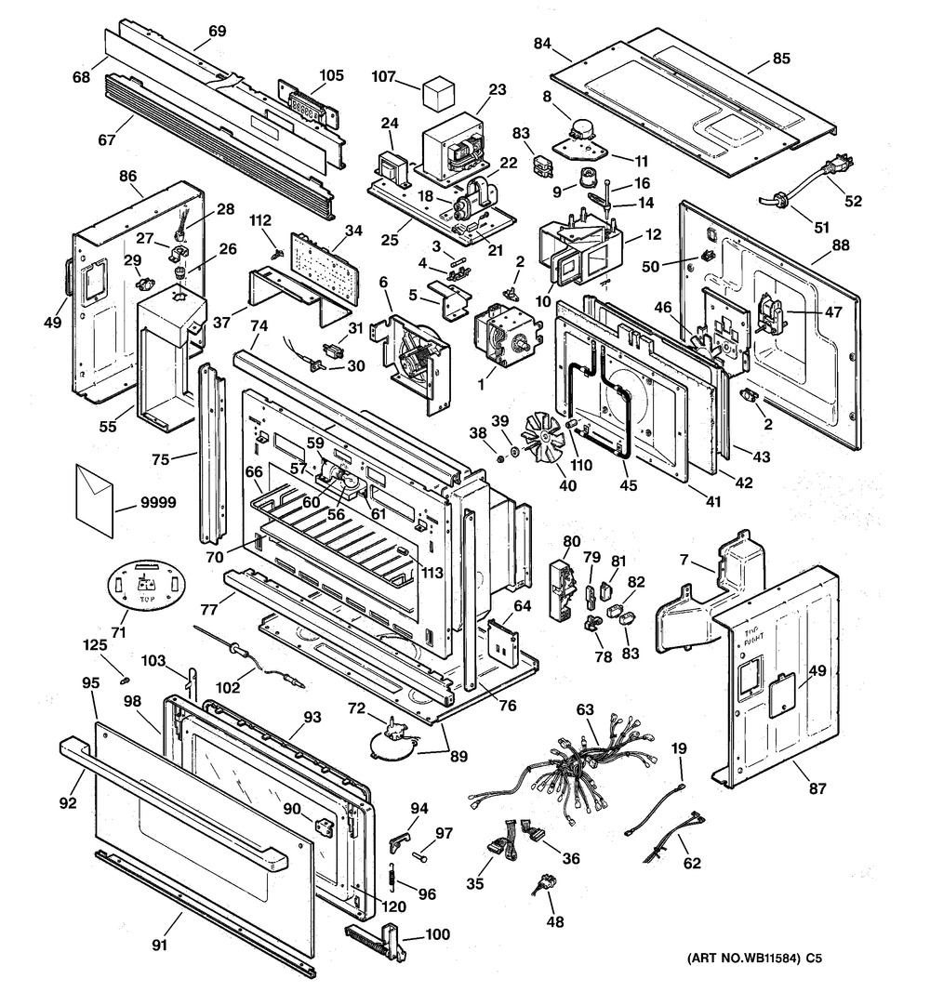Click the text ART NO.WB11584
click(742, 958)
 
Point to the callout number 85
click(781, 59)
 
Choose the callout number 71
click(117, 633)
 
